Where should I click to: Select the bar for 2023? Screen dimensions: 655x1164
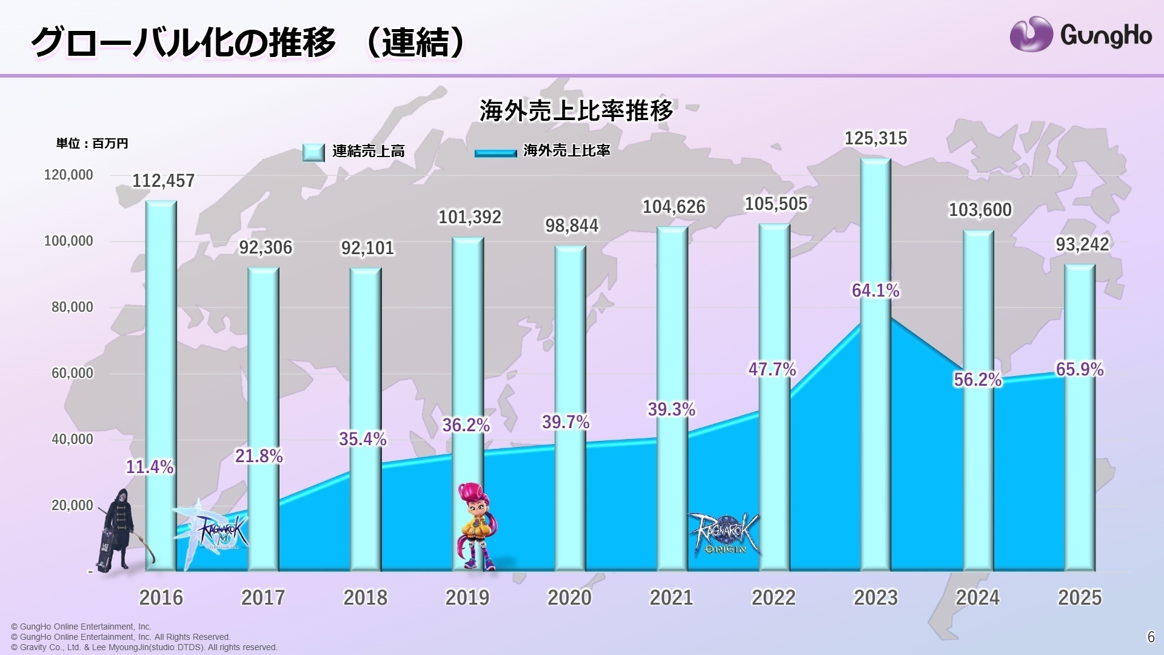[x=875, y=364]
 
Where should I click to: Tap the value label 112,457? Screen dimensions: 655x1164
[x=163, y=181]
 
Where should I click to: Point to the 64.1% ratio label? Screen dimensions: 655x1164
[x=875, y=291]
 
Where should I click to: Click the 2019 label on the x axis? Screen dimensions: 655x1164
[x=467, y=597]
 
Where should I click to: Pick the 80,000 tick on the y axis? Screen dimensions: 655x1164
[x=72, y=307]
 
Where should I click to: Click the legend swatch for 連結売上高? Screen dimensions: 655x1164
[x=313, y=152]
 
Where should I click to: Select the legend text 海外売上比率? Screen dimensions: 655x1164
[x=566, y=150]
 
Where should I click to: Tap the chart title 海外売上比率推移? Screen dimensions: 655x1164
[x=576, y=111]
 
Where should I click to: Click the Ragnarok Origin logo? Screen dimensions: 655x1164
[x=723, y=534]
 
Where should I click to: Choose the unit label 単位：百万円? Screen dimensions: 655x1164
[x=92, y=144]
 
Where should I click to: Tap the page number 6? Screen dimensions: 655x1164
[x=1151, y=637]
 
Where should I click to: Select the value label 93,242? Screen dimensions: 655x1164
[x=1082, y=244]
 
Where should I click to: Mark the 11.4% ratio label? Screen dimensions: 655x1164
[x=150, y=467]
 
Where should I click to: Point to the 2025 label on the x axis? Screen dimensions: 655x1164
[x=1079, y=597]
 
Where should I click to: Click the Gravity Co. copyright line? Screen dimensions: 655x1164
[x=144, y=647]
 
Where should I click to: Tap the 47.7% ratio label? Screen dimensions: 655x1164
[x=772, y=369]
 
